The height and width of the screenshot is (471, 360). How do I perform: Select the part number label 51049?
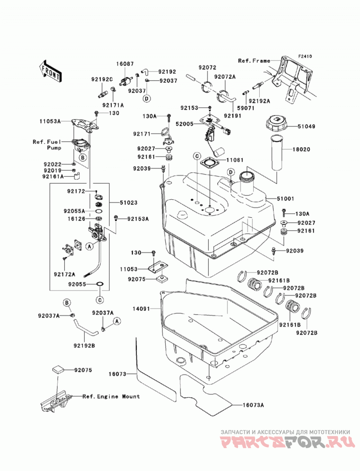(306, 127)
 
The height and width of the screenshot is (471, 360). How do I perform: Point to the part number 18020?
(301, 149)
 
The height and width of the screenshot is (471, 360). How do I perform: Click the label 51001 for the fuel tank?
(285, 198)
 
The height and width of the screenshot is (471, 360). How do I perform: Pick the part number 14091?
(141, 309)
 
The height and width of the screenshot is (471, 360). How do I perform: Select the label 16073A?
(253, 405)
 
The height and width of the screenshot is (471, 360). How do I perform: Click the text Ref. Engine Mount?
(111, 396)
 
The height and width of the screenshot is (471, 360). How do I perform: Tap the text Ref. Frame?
(254, 61)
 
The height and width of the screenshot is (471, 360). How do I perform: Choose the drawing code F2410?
(305, 56)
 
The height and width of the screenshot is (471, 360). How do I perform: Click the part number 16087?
(125, 64)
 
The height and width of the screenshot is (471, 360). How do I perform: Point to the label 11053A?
(50, 121)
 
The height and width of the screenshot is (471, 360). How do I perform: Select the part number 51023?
(129, 203)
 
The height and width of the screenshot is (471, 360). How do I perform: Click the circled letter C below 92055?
(100, 300)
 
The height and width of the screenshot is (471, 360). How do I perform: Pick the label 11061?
(235, 160)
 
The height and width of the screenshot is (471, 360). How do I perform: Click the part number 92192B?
(84, 346)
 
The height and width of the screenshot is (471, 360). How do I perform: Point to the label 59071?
(246, 108)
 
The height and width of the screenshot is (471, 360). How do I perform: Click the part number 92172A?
(65, 274)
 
